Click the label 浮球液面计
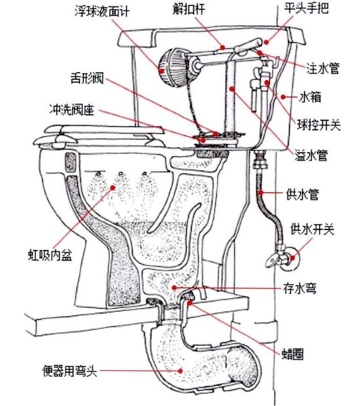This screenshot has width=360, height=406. pyautogui.click(x=102, y=12)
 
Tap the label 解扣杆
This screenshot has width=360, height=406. pyautogui.click(x=189, y=9)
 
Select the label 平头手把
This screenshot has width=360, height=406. pyautogui.click(x=306, y=8)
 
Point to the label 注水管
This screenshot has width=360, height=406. pyautogui.click(x=323, y=69)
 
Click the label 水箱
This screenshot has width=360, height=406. pyautogui.click(x=310, y=97)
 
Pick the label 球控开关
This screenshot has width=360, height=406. pyautogui.click(x=319, y=126)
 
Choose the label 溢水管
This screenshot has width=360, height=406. pyautogui.click(x=311, y=155)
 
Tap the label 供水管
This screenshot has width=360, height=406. pyautogui.click(x=302, y=194)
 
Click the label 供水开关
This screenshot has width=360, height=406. pyautogui.click(x=312, y=229)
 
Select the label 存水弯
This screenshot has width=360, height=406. pyautogui.click(x=300, y=288)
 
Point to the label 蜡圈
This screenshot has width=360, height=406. pyautogui.click(x=292, y=354)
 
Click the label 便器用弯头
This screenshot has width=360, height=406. pyautogui.click(x=70, y=371)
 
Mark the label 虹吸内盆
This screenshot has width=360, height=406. pyautogui.click(x=50, y=255)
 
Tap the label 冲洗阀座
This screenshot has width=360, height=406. pyautogui.click(x=71, y=110)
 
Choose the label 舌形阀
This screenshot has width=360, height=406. pyautogui.click(x=87, y=78)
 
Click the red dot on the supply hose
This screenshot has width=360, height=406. pyautogui.click(x=261, y=192)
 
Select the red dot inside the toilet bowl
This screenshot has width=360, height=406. pyautogui.click(x=112, y=188)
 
